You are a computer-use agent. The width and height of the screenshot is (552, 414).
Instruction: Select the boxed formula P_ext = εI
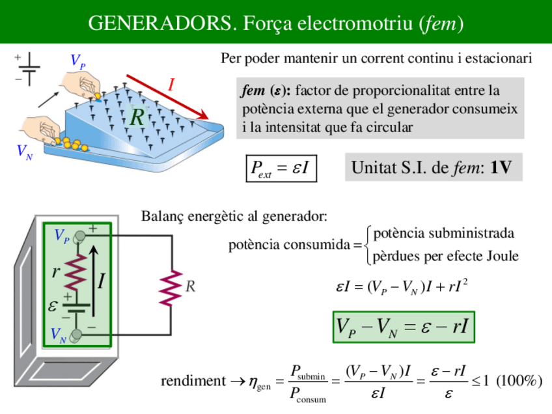pos(281,169)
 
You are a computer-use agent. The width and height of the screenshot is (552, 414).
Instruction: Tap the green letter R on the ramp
pos(137,118)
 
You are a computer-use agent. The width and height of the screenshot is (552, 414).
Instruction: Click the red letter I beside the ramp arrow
pos(172,84)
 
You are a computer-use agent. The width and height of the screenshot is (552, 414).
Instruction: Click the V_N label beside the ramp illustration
pos(25,153)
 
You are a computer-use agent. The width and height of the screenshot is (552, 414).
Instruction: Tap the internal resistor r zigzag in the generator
pos(76,273)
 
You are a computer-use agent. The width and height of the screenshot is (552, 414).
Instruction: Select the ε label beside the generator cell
pos(53,305)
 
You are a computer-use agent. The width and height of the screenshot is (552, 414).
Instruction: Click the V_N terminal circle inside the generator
pos(77,335)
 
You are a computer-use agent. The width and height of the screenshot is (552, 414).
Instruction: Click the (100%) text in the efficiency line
pos(519,381)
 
